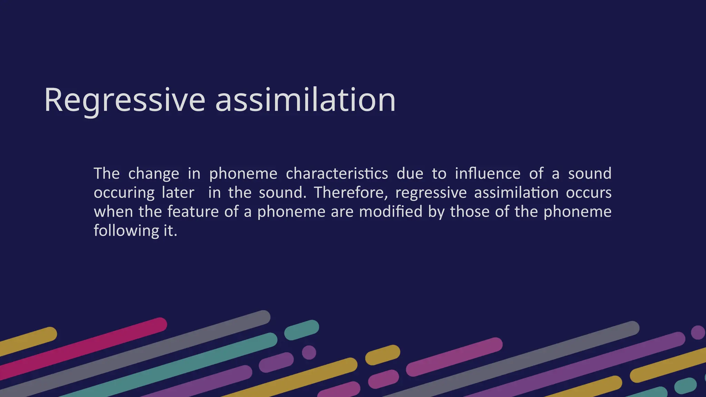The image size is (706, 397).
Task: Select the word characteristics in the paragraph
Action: pyautogui.click(x=337, y=173)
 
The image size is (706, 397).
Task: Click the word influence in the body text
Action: pyautogui.click(x=487, y=173)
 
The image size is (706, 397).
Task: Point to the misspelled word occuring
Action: pyautogui.click(x=124, y=193)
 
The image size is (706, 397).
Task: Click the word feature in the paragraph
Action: pyautogui.click(x=193, y=212)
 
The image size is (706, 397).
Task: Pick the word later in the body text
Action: pyautogui.click(x=178, y=193)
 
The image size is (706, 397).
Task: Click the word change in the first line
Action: pyautogui.click(x=154, y=173)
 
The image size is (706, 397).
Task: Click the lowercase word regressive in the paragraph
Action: pyautogui.click(x=431, y=193)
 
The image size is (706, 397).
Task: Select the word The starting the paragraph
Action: pyautogui.click(x=107, y=173)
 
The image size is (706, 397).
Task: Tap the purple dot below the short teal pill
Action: pyautogui.click(x=309, y=352)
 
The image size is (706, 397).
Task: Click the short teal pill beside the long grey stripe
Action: pyautogui.click(x=302, y=330)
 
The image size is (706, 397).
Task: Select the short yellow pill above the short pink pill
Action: pyautogui.click(x=383, y=355)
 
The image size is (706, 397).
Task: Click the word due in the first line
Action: pyautogui.click(x=410, y=173)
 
